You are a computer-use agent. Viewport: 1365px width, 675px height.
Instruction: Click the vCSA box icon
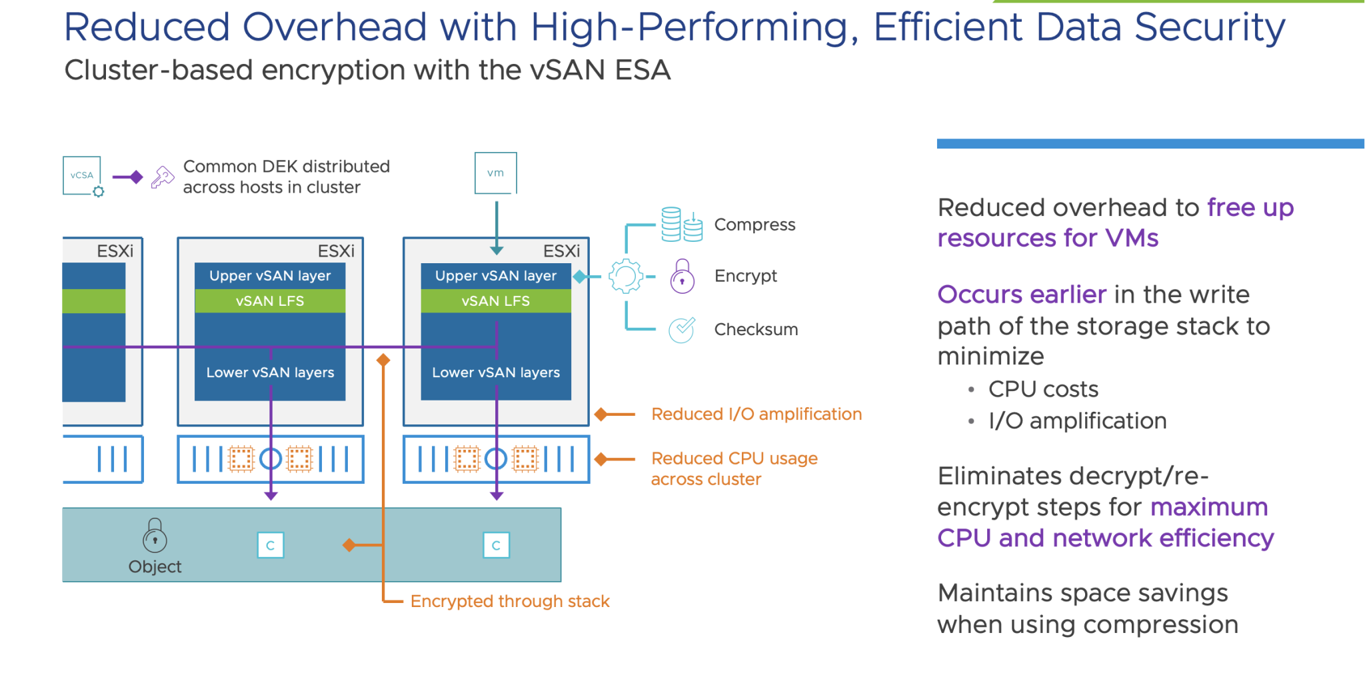coord(82,175)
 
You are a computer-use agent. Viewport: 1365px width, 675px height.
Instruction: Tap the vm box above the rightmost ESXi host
coord(495,173)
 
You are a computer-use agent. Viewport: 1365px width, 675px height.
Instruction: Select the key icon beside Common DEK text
coord(162,177)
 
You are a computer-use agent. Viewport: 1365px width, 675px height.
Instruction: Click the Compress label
coord(754,225)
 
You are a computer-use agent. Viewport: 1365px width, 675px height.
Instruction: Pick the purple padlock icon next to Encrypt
coord(682,277)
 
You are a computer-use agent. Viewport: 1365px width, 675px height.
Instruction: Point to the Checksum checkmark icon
coord(681,330)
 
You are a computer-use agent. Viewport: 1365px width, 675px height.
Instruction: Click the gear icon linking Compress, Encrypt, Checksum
coord(626,276)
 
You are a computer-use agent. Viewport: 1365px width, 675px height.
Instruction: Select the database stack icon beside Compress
coord(681,225)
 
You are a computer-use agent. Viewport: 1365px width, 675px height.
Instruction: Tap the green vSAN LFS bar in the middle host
coord(270,301)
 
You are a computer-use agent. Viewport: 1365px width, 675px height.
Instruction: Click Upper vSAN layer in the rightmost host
coord(495,276)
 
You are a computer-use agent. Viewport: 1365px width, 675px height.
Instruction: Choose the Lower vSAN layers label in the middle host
coord(270,372)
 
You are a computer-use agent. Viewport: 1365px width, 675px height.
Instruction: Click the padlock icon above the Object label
coord(155,536)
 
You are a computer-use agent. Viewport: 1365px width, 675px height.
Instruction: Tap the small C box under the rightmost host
coord(496,545)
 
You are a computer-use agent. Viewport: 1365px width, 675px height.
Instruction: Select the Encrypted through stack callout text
coord(510,602)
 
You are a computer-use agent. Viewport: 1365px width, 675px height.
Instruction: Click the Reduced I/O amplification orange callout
coord(756,414)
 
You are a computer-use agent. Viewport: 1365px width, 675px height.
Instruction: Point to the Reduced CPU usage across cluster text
coord(733,468)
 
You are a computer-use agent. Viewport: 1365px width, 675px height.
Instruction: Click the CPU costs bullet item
coord(1042,389)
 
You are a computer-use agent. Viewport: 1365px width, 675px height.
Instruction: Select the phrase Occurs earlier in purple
coord(1021,295)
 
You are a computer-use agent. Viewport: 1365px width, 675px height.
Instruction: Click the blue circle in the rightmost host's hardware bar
coord(496,459)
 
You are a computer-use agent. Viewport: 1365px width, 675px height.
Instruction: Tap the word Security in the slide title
coord(1209,28)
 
